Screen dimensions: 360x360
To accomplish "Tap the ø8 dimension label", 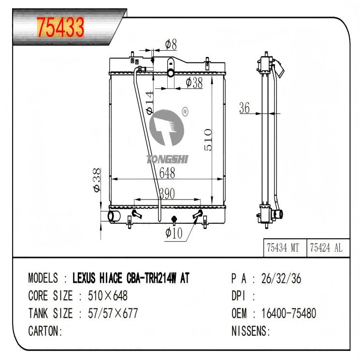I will click(171, 44).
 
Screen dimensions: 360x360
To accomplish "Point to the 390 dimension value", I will click(167, 193).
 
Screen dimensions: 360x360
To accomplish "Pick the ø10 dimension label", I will click(173, 233).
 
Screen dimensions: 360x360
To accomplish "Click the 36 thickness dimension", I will click(245, 109).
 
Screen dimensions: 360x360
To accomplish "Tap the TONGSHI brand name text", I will click(167, 159).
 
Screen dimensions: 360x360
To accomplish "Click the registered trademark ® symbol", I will click(185, 113).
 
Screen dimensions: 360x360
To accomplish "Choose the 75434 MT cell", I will click(283, 248).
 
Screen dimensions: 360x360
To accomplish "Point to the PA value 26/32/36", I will click(281, 278).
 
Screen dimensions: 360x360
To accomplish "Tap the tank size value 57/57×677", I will click(112, 314).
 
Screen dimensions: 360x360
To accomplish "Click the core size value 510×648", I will click(107, 296).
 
